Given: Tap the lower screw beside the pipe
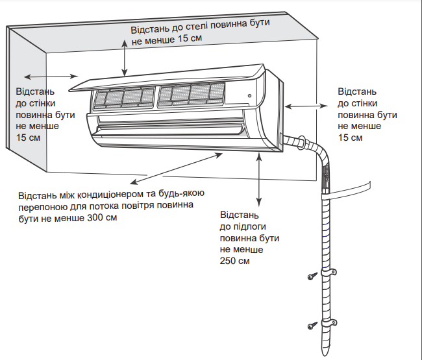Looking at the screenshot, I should tap(311, 324).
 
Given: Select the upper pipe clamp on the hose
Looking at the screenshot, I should tap(329, 273).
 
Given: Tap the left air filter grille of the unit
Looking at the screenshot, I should tap(123, 97).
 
